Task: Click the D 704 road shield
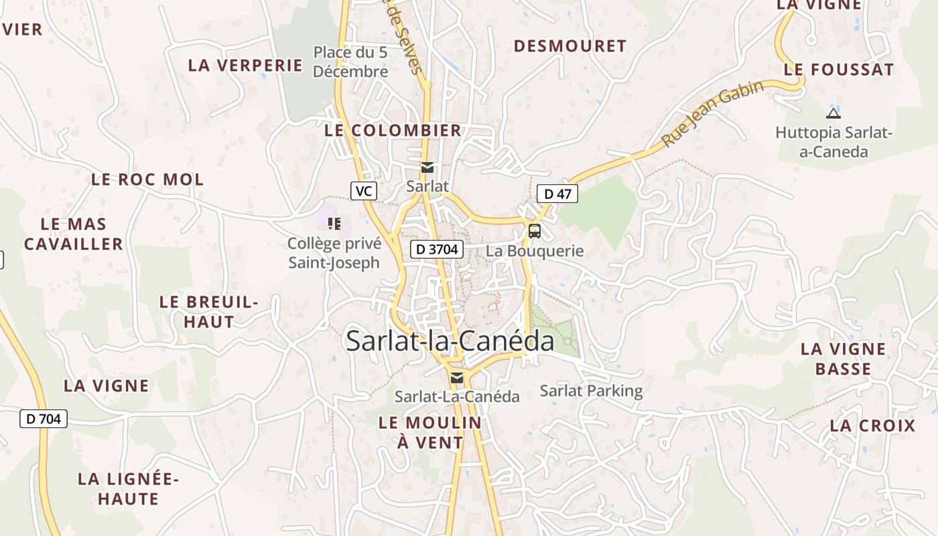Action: [44, 419]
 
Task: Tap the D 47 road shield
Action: [557, 194]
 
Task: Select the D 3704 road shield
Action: [437, 249]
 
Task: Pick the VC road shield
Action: [364, 191]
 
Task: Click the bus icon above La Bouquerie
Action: [534, 231]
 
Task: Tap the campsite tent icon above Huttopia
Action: [833, 113]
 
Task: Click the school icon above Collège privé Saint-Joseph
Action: [334, 223]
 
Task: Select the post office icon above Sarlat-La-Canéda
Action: [457, 378]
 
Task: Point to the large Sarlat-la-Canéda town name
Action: [450, 341]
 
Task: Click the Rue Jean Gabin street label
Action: [712, 114]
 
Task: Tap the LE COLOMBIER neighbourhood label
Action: [393, 131]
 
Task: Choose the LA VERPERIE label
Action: [245, 65]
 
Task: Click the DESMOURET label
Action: [569, 46]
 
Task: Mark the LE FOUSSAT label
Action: [839, 70]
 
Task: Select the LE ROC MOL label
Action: [147, 180]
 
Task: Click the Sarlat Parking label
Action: [591, 391]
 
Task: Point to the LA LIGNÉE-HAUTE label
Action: [128, 489]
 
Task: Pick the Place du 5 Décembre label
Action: [350, 62]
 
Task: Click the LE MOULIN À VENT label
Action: [430, 433]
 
